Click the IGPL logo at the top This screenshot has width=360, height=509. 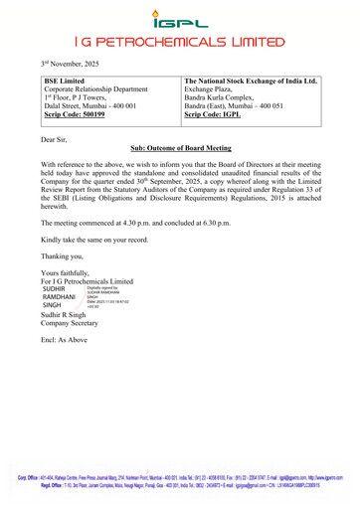click(x=179, y=18)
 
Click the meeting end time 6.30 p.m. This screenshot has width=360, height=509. click(x=242, y=225)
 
